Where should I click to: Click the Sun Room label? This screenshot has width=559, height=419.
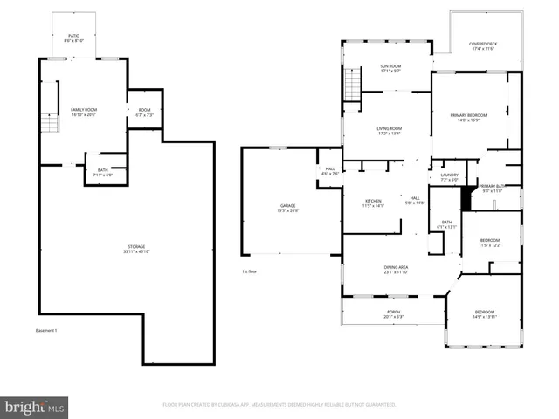tap(390, 69)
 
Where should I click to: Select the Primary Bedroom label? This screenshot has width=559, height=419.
tap(468, 117)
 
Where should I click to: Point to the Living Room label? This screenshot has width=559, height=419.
tap(390, 132)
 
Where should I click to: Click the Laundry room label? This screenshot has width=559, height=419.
tap(450, 177)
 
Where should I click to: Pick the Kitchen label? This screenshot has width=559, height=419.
tap(373, 203)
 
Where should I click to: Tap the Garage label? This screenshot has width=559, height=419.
tap(287, 208)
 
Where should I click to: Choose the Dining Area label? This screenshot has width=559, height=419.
tap(397, 270)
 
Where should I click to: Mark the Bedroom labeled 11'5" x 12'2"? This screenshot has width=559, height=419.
tap(489, 243)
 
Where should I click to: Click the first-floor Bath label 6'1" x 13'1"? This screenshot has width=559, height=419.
tap(446, 225)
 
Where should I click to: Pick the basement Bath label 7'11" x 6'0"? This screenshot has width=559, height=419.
tap(103, 172)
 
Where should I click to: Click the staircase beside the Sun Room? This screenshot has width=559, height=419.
tap(354, 86)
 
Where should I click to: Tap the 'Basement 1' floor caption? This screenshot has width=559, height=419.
tap(46, 331)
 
